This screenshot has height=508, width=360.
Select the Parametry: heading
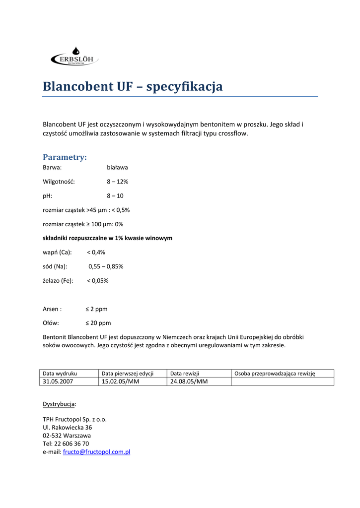pyautogui.click(x=65, y=157)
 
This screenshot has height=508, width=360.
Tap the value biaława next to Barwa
pyautogui.click(x=117, y=168)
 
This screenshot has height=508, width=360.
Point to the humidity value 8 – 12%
pyautogui.click(x=117, y=182)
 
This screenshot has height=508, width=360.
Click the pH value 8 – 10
pyautogui.click(x=115, y=196)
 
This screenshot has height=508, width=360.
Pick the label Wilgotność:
pyautogui.click(x=59, y=182)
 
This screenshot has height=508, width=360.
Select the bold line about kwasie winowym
pyautogui.click(x=107, y=238)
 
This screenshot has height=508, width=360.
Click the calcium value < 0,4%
pyautogui.click(x=96, y=253)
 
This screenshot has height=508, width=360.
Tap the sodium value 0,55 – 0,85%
pyautogui.click(x=106, y=266)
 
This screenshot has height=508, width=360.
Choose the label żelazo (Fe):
pyautogui.click(x=58, y=281)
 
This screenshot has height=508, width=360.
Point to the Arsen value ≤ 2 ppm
pyautogui.click(x=96, y=309)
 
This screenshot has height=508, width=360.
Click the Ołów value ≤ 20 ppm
pyautogui.click(x=98, y=323)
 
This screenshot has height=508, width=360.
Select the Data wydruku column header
pyautogui.click(x=60, y=373)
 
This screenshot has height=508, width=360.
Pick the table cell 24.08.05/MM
pyautogui.click(x=189, y=381)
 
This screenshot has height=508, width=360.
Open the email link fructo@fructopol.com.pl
pyautogui.click(x=96, y=452)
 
